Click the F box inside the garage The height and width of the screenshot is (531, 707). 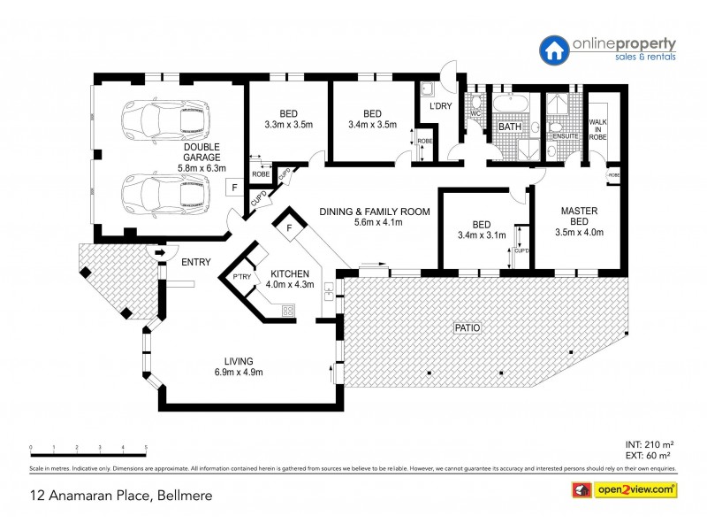(x=234, y=188)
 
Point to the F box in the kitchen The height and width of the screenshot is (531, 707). (x=289, y=228)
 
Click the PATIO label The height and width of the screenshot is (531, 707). (x=467, y=327)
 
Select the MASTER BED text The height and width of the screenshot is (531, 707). (x=581, y=216)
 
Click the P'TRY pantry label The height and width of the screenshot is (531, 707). (x=242, y=278)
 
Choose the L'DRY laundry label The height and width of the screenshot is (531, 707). (x=440, y=107)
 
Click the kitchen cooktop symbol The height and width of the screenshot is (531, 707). (x=287, y=310)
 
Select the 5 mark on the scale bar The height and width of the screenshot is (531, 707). (x=146, y=448)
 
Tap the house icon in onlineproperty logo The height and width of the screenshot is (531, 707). (x=553, y=49)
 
